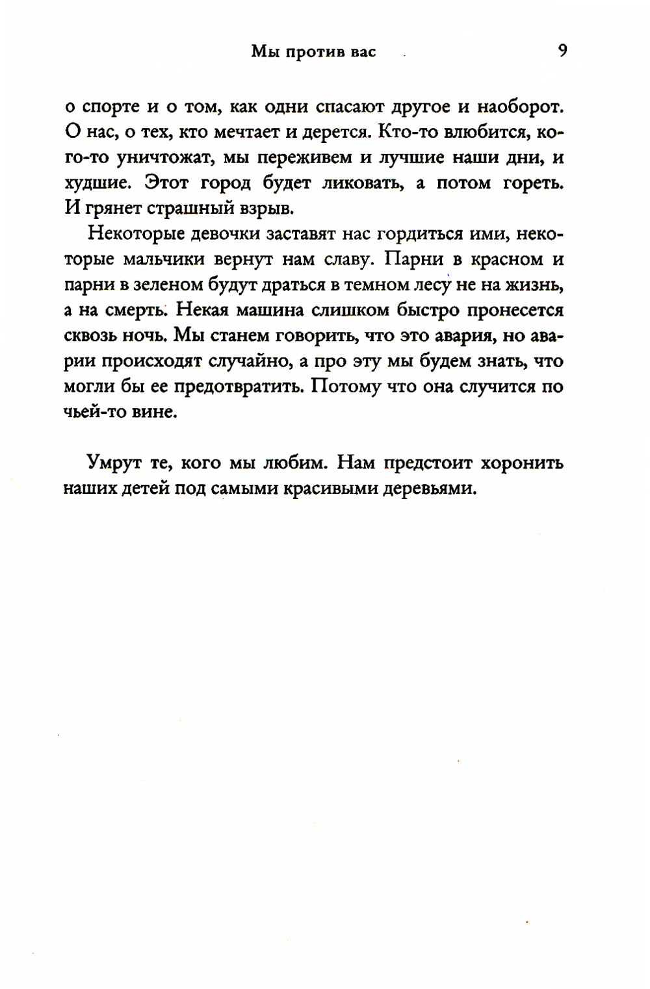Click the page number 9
(562, 50)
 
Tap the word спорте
(107, 107)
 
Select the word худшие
(97, 183)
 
